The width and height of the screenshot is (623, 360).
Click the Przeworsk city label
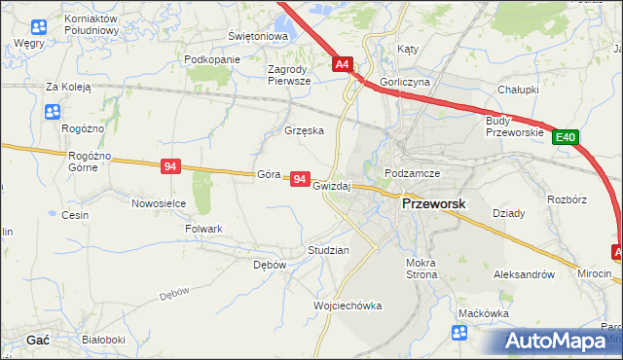[x=434, y=205]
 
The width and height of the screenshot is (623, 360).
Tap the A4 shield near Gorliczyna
[x=342, y=65]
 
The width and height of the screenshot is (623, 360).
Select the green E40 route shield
[x=567, y=138]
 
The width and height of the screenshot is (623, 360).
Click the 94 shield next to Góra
[x=300, y=180]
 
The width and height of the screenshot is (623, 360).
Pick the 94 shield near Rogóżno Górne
[x=170, y=167]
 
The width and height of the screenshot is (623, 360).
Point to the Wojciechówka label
[x=348, y=306]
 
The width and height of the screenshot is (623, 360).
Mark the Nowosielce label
[x=159, y=203]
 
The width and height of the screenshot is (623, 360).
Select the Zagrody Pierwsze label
[x=289, y=75]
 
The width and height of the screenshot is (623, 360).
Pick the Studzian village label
[x=328, y=250]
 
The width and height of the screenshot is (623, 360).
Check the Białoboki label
[x=103, y=340]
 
